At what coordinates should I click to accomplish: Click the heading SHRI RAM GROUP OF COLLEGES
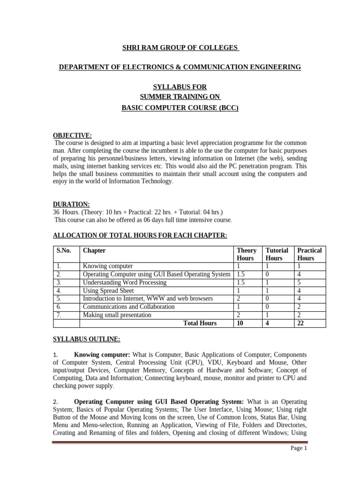180,48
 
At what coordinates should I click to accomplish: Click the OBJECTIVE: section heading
73,135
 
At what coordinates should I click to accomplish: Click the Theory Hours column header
247,254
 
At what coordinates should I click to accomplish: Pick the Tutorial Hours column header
277,254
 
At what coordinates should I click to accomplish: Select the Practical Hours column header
309,254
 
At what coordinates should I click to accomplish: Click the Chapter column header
94,250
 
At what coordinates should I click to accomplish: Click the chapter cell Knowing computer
107,266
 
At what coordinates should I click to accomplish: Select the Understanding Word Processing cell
124,282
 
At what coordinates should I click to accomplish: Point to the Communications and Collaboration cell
128,307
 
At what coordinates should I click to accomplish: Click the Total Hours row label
200,323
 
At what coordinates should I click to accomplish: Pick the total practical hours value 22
301,323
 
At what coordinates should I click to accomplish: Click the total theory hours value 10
241,323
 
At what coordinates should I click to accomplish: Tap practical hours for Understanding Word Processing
299,282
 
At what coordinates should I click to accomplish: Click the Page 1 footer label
298,448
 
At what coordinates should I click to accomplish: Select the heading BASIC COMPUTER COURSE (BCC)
180,108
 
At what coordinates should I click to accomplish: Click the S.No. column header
64,250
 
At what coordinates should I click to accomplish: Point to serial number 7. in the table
59,315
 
